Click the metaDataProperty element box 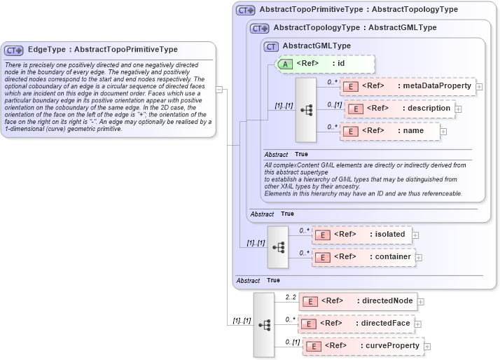coord(407,86)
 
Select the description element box coord(400,109)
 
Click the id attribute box coord(326,64)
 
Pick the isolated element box coord(361,235)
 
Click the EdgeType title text coord(102,50)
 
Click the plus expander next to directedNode coord(421,303)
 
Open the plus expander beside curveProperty coord(427,347)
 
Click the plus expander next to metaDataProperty coord(480,87)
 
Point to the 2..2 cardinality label coord(291,298)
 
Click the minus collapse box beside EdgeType coord(219,89)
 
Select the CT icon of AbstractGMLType coord(271,46)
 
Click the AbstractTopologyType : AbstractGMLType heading coord(355,27)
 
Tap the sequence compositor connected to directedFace coord(264,325)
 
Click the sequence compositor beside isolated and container coord(278,247)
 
